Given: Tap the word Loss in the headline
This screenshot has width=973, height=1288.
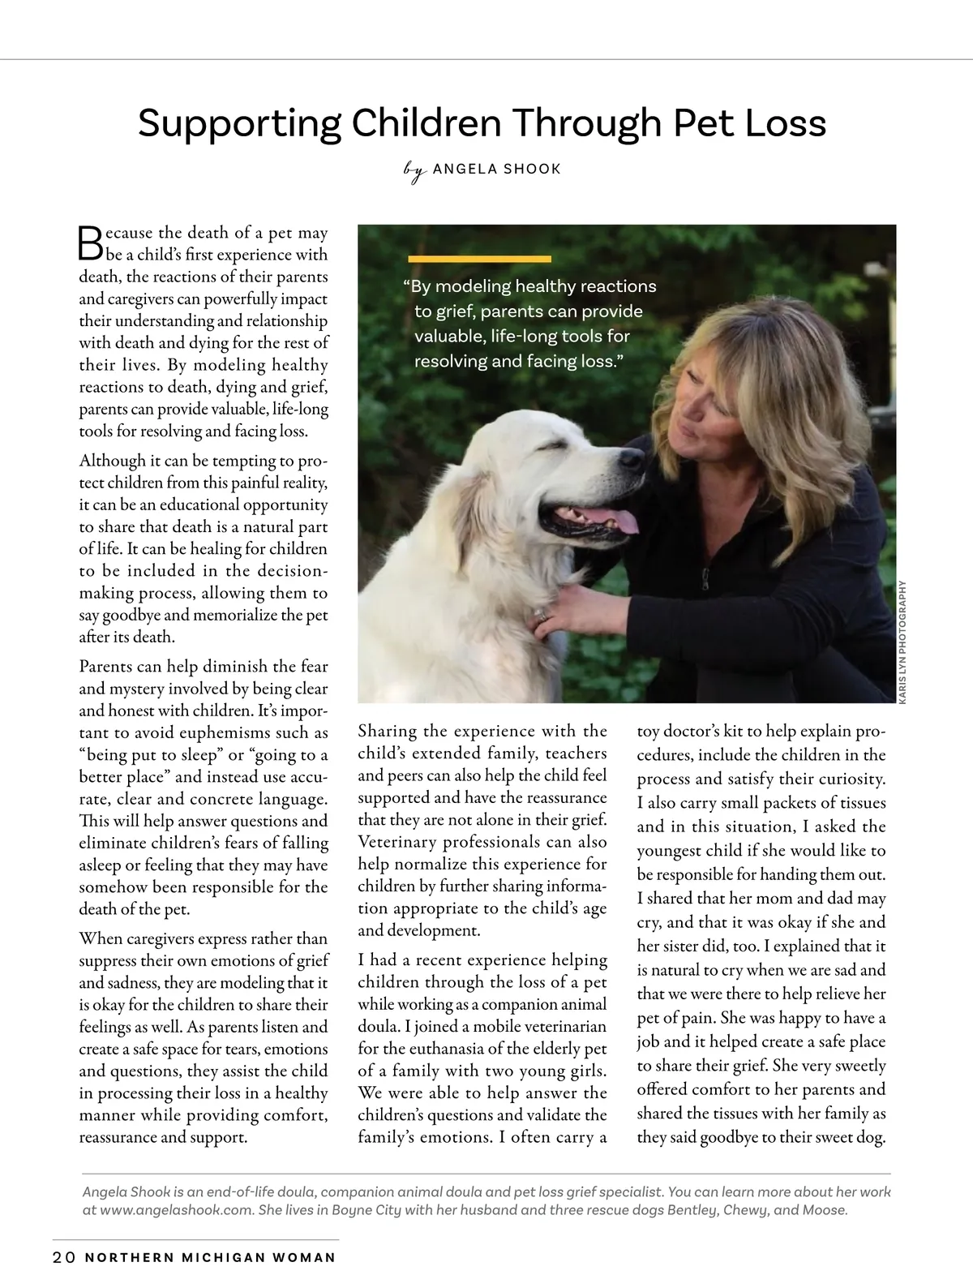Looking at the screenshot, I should point(783,123).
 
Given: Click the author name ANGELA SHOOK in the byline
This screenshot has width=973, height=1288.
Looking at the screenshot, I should point(497,169).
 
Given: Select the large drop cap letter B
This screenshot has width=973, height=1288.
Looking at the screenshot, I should point(90,242).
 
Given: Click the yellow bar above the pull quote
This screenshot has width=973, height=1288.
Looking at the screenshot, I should point(479,259).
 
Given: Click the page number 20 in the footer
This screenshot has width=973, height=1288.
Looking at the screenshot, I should point(64,1258).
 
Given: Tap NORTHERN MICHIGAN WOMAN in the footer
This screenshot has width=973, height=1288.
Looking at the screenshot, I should point(210,1258).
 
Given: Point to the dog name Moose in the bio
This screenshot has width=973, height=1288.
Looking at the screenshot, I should point(824,1210).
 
